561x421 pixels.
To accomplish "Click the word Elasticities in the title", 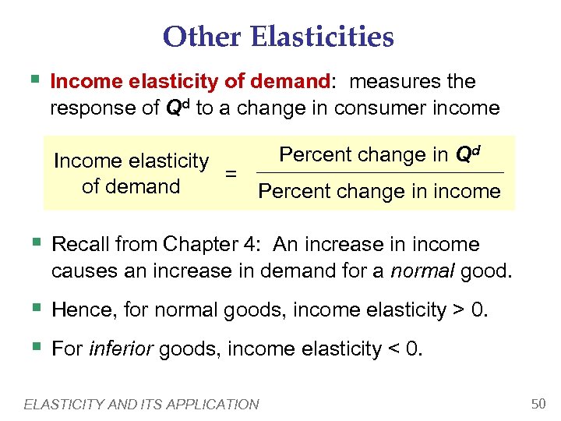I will coord(323,37).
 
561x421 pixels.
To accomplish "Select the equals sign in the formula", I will coord(231,174).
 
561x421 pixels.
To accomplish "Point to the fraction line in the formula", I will coord(379,172).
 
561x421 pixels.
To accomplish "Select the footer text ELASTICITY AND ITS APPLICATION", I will coord(142,404).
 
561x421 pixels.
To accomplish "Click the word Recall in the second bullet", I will coord(79,245).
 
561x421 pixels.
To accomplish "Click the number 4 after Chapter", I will coord(249,245).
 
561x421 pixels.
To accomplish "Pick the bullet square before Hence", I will coord(34,308).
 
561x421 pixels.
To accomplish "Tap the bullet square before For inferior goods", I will coord(34,346).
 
